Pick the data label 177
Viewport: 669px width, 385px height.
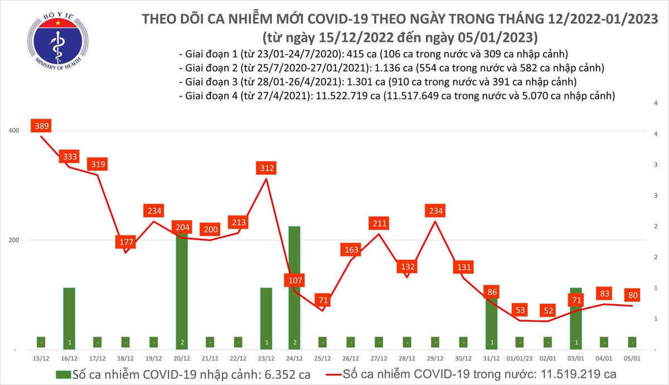tap(125, 242)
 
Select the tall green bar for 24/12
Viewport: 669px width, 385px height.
tap(294, 287)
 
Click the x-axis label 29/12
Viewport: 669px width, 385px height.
tap(435, 358)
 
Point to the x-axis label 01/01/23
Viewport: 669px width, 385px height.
tap(520, 358)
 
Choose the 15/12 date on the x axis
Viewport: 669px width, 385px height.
tap(41, 358)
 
